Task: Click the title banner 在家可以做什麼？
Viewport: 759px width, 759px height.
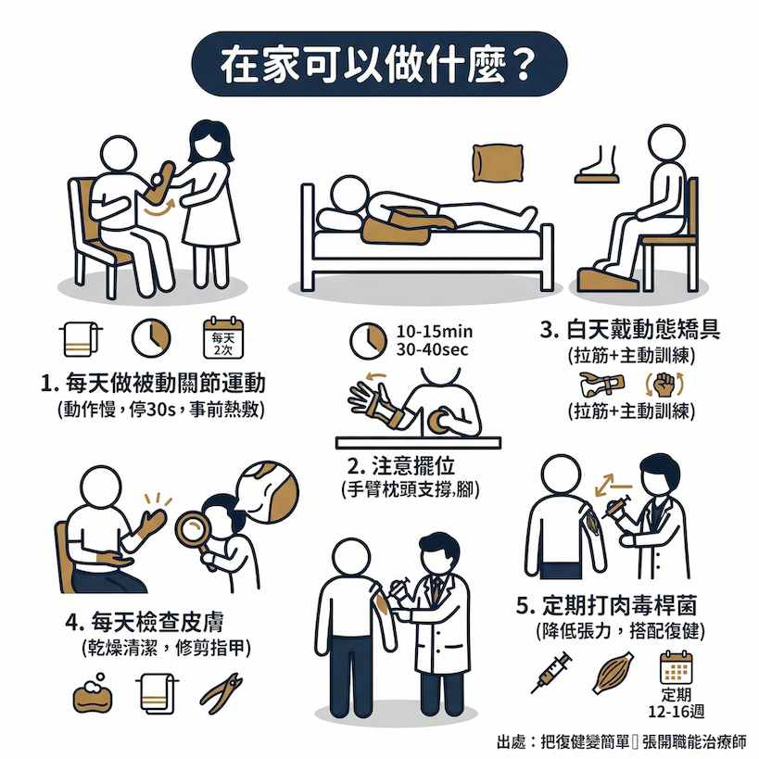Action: [x=379, y=64]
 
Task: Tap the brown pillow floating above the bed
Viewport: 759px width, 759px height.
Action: [x=498, y=163]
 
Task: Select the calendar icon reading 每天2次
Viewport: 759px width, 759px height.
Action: [x=223, y=337]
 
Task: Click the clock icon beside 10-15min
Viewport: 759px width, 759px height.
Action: [x=368, y=341]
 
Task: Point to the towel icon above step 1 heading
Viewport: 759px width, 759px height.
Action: [x=81, y=339]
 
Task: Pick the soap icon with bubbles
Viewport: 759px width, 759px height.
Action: [x=93, y=693]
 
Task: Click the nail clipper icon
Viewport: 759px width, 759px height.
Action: [x=221, y=693]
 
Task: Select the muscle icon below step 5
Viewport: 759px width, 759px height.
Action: [x=613, y=672]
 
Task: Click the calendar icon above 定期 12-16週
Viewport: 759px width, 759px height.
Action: [x=677, y=667]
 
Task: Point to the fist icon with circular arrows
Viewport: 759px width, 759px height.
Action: [x=664, y=385]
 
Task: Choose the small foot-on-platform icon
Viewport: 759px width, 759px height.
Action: [x=598, y=164]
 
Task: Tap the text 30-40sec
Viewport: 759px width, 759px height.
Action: [x=432, y=349]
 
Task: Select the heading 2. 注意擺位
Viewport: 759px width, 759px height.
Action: [x=401, y=465]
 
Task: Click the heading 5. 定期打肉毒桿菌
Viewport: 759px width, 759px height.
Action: [x=606, y=605]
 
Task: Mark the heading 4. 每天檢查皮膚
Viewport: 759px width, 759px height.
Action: [x=145, y=622]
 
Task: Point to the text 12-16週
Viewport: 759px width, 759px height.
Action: [x=677, y=711]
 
